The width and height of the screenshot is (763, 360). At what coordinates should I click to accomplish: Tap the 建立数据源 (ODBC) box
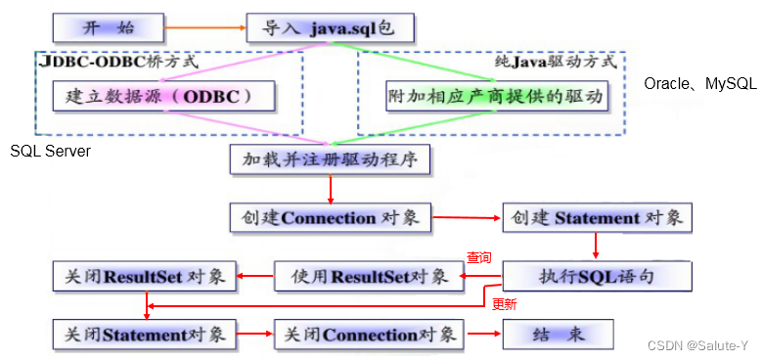[162, 97]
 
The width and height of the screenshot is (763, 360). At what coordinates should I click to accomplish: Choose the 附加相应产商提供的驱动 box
[497, 97]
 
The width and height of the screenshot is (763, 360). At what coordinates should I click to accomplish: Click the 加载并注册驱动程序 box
[330, 157]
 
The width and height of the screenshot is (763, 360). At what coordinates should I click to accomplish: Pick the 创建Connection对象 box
[330, 217]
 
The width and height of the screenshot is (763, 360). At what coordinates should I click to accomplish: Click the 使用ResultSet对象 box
[367, 276]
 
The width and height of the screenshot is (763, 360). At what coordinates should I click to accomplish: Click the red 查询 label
[478, 258]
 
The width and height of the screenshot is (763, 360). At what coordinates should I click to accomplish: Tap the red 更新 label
[504, 304]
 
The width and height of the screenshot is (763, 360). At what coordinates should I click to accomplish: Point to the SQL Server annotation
[50, 151]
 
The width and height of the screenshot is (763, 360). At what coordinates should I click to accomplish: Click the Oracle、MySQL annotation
[699, 84]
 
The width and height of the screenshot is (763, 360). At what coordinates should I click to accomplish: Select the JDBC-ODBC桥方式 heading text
[119, 61]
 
